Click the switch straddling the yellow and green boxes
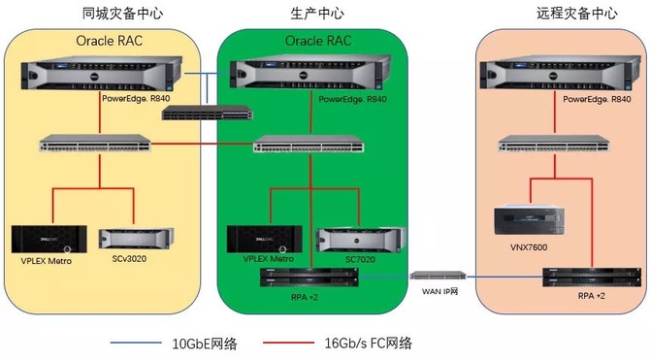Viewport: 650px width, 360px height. (x=208, y=111)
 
